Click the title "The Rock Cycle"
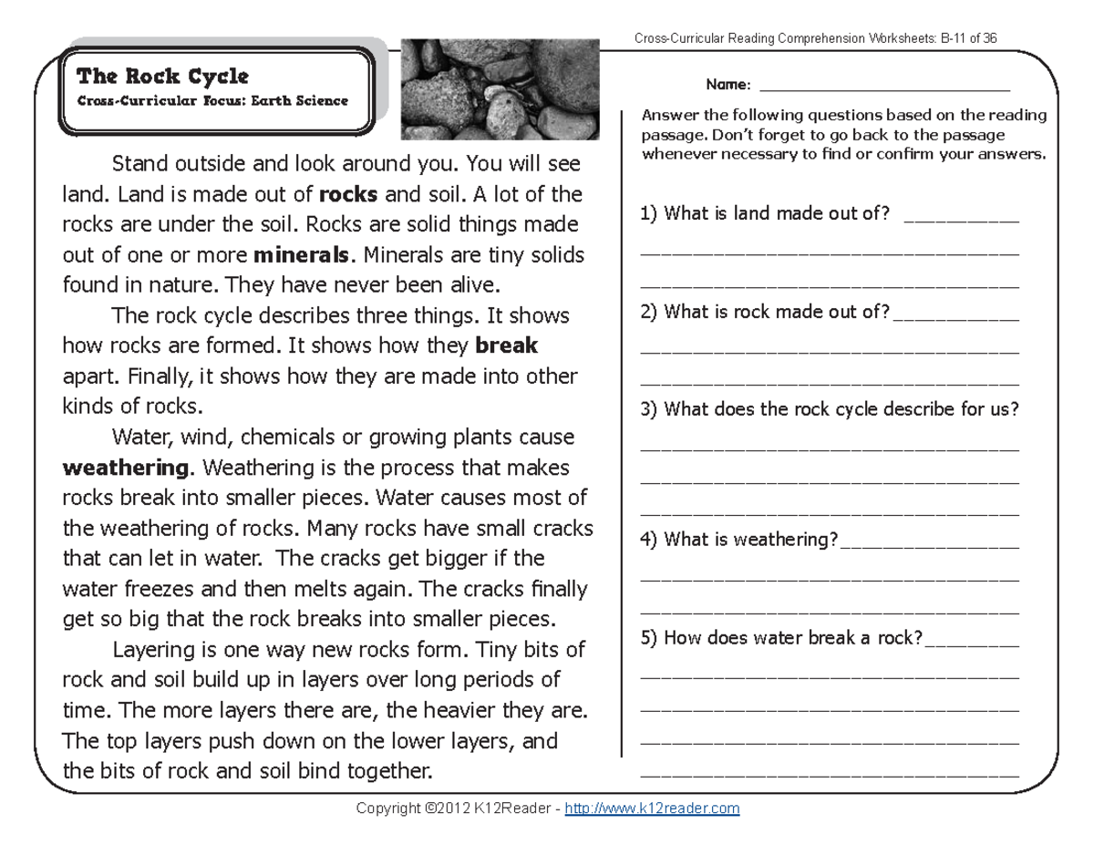(163, 76)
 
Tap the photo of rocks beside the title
(500, 89)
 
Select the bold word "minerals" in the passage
(303, 254)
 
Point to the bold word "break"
(507, 346)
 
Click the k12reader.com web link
(652, 809)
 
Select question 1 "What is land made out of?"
(765, 214)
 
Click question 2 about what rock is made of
(765, 312)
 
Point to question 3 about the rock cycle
(830, 409)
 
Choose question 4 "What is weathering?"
(738, 540)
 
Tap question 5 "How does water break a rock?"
(782, 638)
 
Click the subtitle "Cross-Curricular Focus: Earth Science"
(212, 101)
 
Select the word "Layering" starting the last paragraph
(150, 651)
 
